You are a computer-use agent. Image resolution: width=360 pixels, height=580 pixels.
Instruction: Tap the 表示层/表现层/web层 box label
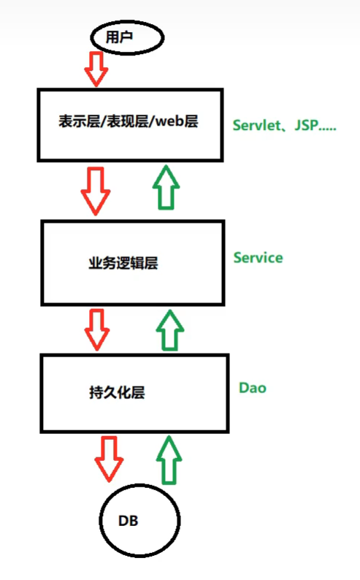(x=129, y=121)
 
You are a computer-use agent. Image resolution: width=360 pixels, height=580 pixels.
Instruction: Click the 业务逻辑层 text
(x=123, y=263)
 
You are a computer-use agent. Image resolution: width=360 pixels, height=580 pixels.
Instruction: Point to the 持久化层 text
(x=117, y=392)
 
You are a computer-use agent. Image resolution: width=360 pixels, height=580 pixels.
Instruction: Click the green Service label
(x=258, y=257)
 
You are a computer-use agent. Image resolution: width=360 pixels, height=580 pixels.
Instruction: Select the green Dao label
(x=253, y=388)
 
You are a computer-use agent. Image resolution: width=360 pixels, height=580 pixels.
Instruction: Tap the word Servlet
(x=256, y=126)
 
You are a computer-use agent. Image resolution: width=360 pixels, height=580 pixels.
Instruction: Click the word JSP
(x=307, y=126)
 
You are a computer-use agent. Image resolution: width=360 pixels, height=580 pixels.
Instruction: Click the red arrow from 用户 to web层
(x=96, y=69)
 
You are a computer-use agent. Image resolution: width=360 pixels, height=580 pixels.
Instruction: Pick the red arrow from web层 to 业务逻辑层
(x=96, y=191)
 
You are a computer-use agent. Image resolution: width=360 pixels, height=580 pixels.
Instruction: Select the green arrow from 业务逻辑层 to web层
(x=166, y=188)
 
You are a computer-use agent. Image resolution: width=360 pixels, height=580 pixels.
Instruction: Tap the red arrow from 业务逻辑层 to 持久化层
(x=97, y=329)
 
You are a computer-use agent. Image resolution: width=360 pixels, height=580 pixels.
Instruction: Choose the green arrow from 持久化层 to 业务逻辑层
(x=170, y=330)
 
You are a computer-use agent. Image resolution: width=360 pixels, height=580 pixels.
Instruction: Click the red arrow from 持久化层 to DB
(x=109, y=459)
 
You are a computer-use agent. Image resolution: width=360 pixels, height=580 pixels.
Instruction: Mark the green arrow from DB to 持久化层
(x=169, y=459)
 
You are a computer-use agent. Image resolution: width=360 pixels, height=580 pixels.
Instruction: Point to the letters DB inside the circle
(x=129, y=521)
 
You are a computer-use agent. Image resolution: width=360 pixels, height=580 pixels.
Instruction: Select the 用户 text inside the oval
(x=119, y=37)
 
